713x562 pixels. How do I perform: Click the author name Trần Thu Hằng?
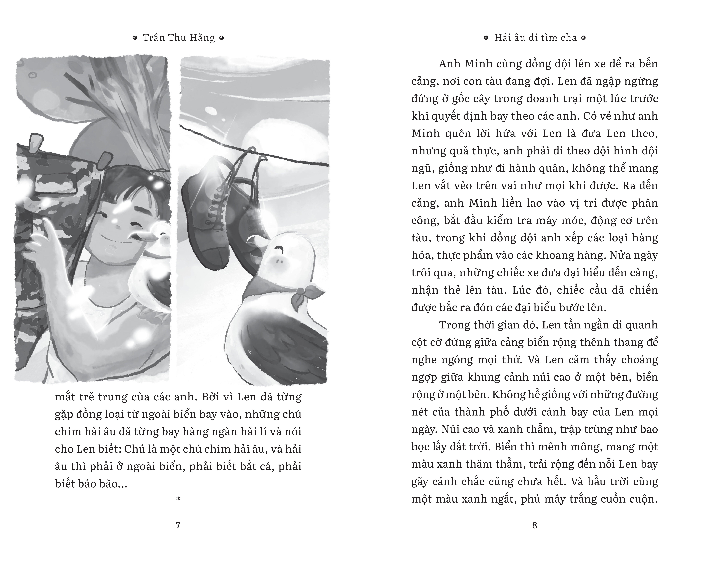tap(179, 38)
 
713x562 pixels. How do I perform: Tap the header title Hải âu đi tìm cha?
tap(535, 38)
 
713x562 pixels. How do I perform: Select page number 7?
tap(178, 525)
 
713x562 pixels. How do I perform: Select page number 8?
tap(535, 525)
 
